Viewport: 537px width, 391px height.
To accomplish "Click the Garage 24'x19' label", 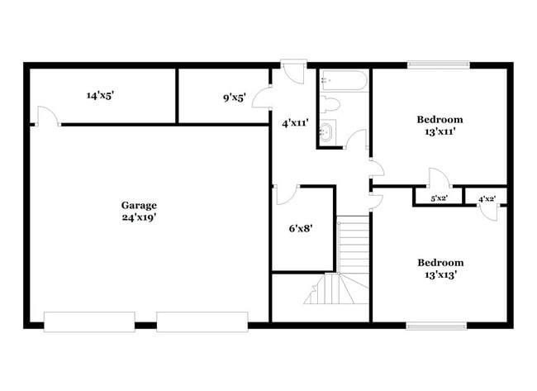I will (x=139, y=211).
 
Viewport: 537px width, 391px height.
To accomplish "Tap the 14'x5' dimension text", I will (x=99, y=96).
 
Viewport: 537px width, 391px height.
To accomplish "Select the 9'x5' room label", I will (x=234, y=98).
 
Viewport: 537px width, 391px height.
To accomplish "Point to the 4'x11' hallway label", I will (x=295, y=123).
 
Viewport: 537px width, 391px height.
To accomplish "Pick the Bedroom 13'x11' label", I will (x=439, y=125).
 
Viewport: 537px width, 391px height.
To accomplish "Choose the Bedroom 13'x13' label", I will (x=439, y=268).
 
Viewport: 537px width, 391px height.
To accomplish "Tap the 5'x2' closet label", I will (x=439, y=199).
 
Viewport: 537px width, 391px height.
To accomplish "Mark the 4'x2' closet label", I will (x=487, y=199).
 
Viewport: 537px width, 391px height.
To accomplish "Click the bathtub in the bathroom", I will (x=344, y=80).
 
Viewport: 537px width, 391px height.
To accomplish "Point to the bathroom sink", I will (x=327, y=131).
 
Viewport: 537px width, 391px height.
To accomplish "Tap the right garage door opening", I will (x=202, y=322).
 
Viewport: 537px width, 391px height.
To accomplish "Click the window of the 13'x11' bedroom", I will (x=439, y=64).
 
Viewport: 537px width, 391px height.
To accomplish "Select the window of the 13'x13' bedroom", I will (x=439, y=326).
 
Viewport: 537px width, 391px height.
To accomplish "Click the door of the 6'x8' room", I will (x=286, y=194).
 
